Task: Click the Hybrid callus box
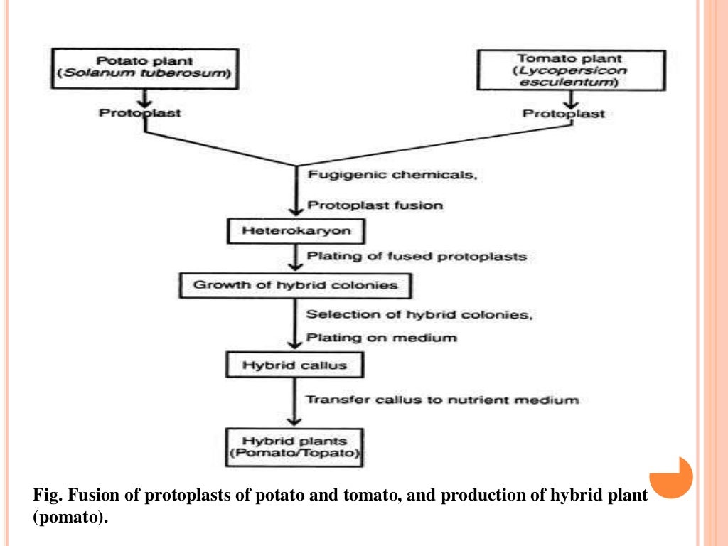pyautogui.click(x=294, y=365)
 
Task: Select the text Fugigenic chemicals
pyautogui.click(x=391, y=175)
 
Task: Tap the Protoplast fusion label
pyautogui.click(x=375, y=205)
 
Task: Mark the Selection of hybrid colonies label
pyautogui.click(x=418, y=314)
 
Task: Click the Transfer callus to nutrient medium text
pyautogui.click(x=441, y=400)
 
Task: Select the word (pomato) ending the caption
pyautogui.click(x=71, y=518)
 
